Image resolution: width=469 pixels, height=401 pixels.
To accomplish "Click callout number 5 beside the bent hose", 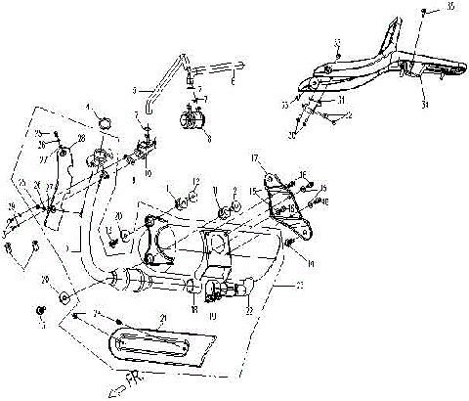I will pos(136,88).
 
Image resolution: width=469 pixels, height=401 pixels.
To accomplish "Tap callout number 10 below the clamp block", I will pos(149,173).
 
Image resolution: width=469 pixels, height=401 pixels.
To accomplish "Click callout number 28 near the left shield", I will pos(81,139).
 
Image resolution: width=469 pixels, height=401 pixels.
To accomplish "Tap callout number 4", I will pos(87,107).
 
